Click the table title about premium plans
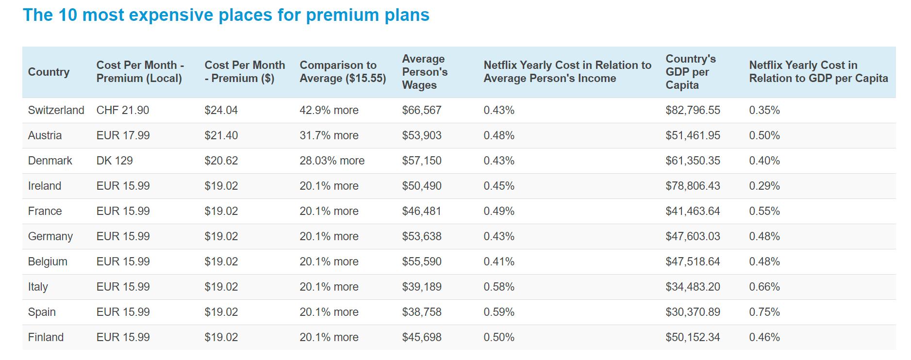pos(226,15)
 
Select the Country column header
pos(49,72)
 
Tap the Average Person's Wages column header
pos(425,72)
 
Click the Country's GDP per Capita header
pos(690,72)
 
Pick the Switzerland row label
pos(56,110)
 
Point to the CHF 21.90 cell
pos(122,110)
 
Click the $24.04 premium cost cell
pos(221,110)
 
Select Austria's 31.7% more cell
pos(329,135)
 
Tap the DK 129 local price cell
pos(114,161)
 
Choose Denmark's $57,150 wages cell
pos(421,161)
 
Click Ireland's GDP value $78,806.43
pos(693,186)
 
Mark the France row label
pos(45,211)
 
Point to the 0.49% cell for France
pos(498,211)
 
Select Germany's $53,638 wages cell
pos(421,236)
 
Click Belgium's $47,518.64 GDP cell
pos(693,262)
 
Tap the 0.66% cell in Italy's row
pos(764,287)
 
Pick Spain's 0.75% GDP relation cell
pos(764,312)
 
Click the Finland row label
pos(46,337)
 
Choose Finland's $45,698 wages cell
pos(421,337)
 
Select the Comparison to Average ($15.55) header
pos(343,72)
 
